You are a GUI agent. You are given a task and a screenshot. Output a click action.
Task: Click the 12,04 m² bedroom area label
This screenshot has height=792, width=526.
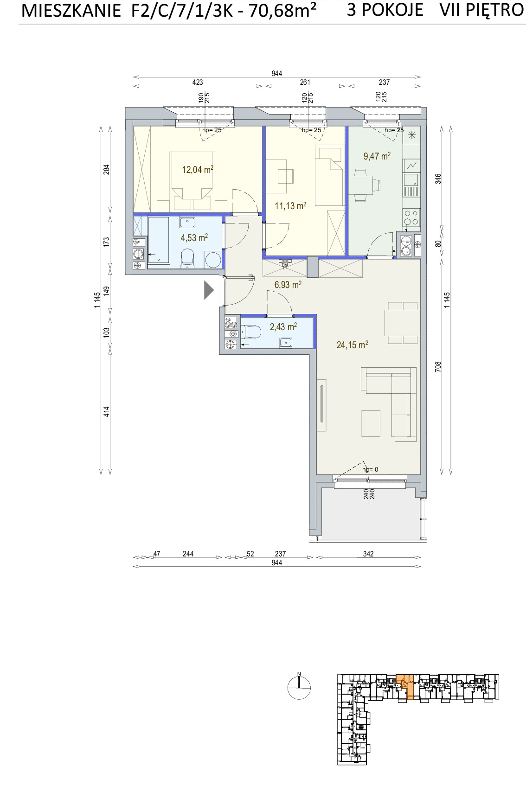point(198,170)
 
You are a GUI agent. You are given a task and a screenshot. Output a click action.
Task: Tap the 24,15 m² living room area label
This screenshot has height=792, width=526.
point(353,345)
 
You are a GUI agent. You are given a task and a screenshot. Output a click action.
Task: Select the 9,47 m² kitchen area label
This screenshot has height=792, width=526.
point(377,156)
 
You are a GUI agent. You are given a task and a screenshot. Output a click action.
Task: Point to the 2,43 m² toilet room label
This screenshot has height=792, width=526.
point(283,327)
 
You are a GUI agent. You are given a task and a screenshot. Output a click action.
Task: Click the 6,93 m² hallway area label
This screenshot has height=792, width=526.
point(288,285)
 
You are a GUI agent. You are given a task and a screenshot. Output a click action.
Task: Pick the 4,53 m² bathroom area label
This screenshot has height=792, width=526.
point(194,237)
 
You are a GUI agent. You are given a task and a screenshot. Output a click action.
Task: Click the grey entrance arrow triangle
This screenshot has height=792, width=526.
point(209,290)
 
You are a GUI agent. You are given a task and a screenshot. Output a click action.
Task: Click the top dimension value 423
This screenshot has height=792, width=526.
point(198,83)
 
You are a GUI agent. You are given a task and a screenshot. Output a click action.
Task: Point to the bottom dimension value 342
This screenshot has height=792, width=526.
point(368,554)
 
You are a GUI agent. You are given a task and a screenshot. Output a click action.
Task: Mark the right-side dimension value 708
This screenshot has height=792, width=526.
point(438,366)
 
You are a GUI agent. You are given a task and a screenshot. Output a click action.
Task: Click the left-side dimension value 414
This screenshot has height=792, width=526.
point(107,412)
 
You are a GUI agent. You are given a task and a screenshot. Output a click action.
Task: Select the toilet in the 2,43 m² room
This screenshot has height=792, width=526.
point(251,332)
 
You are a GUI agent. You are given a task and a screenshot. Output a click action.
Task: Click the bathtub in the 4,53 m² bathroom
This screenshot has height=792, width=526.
point(159,240)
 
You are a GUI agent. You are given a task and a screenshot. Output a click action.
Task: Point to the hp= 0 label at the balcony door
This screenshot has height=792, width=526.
point(370,470)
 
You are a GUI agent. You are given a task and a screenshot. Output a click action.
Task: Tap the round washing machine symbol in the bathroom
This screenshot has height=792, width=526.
point(213,260)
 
